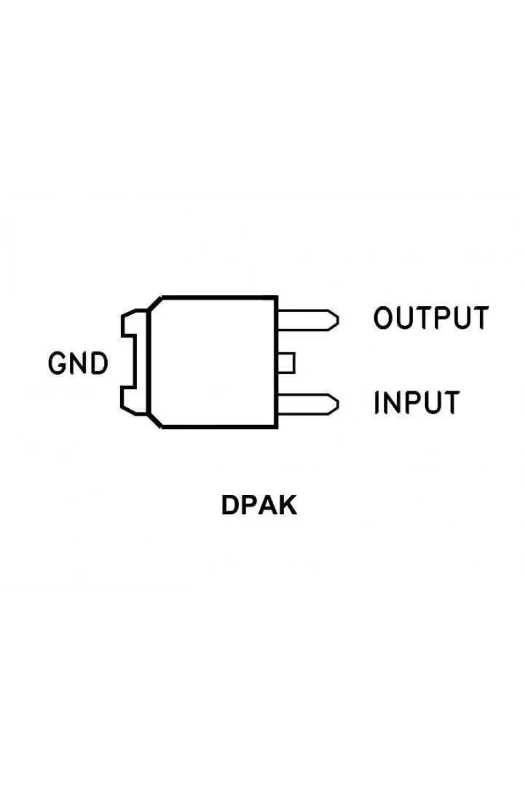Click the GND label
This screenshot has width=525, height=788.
coord(78,363)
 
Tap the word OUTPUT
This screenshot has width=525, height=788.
coord(431,318)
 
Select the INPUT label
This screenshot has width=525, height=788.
coord(417,402)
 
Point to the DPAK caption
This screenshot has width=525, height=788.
coord(259,505)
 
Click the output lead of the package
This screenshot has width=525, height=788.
coord(308,320)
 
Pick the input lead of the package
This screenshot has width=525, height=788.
coord(308,405)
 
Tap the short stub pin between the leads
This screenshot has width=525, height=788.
coord(286,362)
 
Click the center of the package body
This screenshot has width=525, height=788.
coord(213,362)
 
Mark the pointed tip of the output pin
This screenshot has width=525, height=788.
coord(338,320)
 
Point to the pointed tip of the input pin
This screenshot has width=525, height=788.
coord(338,405)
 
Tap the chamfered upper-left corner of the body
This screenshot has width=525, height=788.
coord(155,303)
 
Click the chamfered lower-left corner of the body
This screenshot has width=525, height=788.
coord(155,421)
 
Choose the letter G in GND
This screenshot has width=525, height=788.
coord(57,363)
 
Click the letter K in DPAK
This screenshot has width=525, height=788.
coord(287,505)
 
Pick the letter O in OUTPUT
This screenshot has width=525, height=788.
coord(383,318)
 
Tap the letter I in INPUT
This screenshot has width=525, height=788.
coord(376,402)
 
